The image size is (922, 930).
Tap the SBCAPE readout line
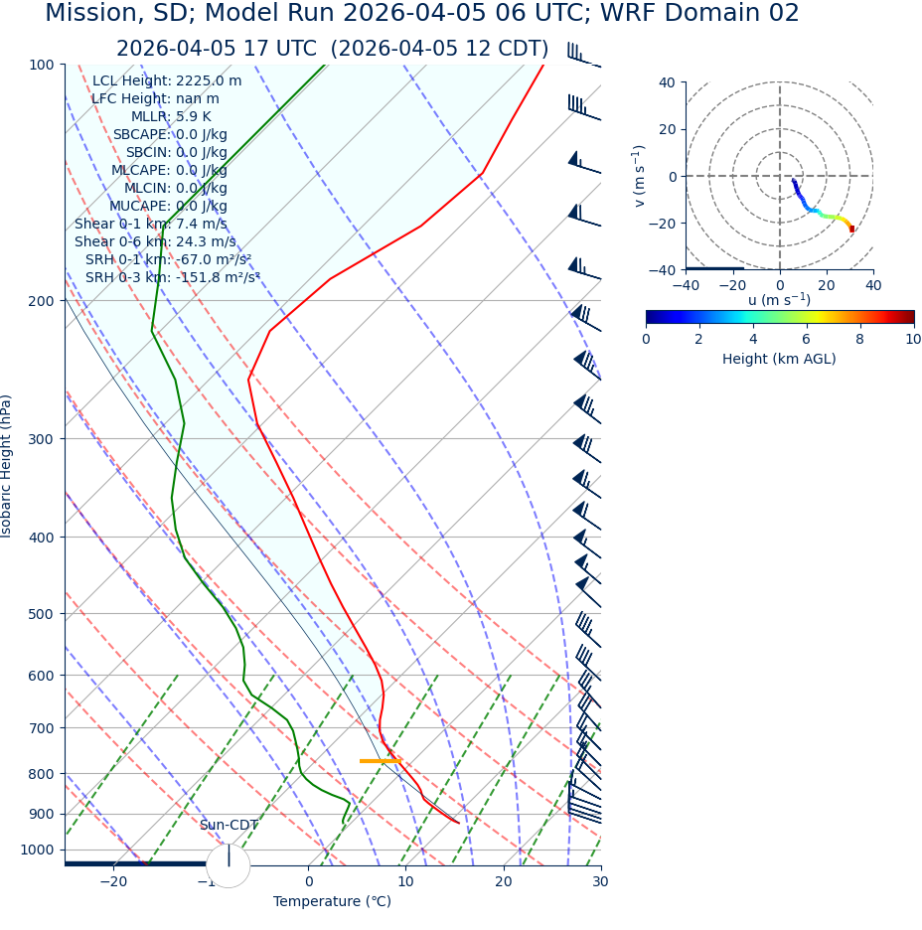pos(169,135)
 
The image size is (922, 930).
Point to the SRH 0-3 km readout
pos(172,278)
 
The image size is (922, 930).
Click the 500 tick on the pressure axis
pos(41,614)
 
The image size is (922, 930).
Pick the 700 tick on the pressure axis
pos(41,728)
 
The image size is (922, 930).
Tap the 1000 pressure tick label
pos(37,850)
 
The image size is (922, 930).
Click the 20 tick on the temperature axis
pos(504,882)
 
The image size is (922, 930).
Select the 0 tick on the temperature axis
pos(309,882)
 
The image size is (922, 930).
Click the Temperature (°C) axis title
pos(332,902)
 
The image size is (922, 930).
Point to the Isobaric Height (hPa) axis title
pos(8,466)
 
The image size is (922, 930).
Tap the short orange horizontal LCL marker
pos(380,761)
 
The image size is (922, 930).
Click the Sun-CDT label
pos(229,826)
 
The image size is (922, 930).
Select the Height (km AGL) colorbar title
pos(779,360)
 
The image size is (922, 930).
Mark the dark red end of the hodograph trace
pos(851,229)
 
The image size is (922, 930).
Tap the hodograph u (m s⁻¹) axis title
pos(779,300)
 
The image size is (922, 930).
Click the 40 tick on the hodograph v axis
pos(666,83)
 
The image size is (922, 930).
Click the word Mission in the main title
pos(89,14)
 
